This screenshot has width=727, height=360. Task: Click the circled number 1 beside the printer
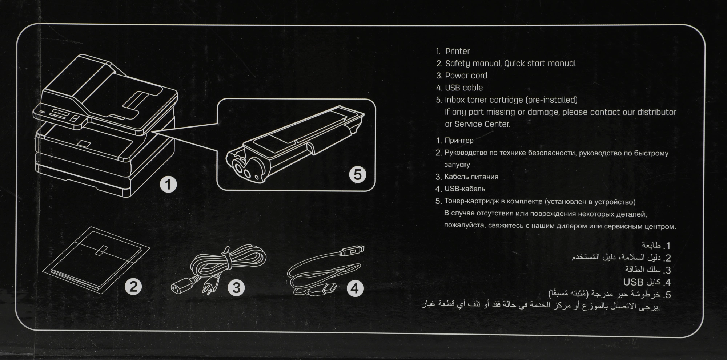point(168,184)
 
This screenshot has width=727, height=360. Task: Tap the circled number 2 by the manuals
point(133,287)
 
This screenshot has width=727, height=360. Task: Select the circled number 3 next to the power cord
point(236,288)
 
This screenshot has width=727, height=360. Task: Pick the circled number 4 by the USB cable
point(355,288)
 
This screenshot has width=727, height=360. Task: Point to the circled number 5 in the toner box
point(358,175)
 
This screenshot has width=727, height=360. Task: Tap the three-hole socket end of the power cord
point(181,287)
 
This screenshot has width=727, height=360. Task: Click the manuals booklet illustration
point(96,260)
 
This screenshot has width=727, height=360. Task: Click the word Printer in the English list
point(457,51)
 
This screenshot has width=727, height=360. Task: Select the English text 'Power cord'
point(466,76)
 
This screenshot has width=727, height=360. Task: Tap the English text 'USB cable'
point(464,88)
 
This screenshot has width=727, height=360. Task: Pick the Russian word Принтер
point(459,140)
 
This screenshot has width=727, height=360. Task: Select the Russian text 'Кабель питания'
point(471,177)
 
